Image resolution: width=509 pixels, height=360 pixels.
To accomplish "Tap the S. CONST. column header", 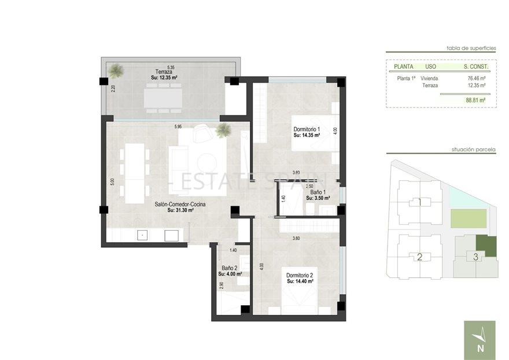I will coord(476,66).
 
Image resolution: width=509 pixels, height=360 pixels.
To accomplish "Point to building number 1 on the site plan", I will coord(419,202).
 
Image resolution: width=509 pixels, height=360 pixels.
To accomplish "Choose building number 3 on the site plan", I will coord(475,257).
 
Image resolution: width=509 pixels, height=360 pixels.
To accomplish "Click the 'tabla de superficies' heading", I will coord(471,49).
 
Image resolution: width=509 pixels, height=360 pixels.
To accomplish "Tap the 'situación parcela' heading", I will coord(474,149).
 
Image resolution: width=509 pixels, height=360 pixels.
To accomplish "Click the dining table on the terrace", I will coord(163,97).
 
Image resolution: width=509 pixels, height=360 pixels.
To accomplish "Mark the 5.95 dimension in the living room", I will coord(178,126).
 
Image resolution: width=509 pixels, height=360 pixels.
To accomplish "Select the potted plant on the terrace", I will coord(116,71).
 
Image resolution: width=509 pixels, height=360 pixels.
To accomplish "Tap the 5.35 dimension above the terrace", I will coord(171,67).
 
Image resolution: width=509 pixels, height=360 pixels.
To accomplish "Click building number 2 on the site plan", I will coord(419,257).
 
